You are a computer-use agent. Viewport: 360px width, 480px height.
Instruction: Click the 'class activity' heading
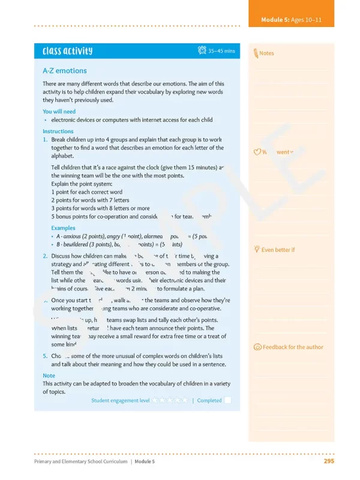(x=68, y=52)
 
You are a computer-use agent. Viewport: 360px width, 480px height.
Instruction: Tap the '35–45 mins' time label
(x=222, y=52)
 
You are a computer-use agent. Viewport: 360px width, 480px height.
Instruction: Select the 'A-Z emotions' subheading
(x=65, y=71)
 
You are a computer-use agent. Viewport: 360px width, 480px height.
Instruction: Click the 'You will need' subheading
(x=59, y=112)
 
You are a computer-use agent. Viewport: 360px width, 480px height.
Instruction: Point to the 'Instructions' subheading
(x=58, y=131)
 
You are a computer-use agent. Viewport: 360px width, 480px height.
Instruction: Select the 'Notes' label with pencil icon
(x=266, y=53)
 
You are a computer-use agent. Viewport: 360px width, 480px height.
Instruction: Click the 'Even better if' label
(x=278, y=250)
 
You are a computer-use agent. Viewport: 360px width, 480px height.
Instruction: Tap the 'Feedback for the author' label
(x=293, y=347)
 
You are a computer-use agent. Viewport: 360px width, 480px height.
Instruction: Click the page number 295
(x=328, y=461)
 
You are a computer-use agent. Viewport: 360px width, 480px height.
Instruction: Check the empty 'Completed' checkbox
(x=228, y=400)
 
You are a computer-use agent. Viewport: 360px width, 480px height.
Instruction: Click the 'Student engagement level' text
(x=120, y=400)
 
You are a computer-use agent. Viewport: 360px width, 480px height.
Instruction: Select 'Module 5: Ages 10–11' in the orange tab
(x=291, y=20)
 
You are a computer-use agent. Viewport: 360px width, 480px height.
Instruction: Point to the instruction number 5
(x=45, y=356)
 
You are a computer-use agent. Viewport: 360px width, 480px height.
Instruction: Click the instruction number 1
(x=45, y=139)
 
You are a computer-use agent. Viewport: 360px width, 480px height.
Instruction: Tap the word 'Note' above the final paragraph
(x=49, y=376)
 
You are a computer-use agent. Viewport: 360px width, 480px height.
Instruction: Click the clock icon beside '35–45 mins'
(x=202, y=51)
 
